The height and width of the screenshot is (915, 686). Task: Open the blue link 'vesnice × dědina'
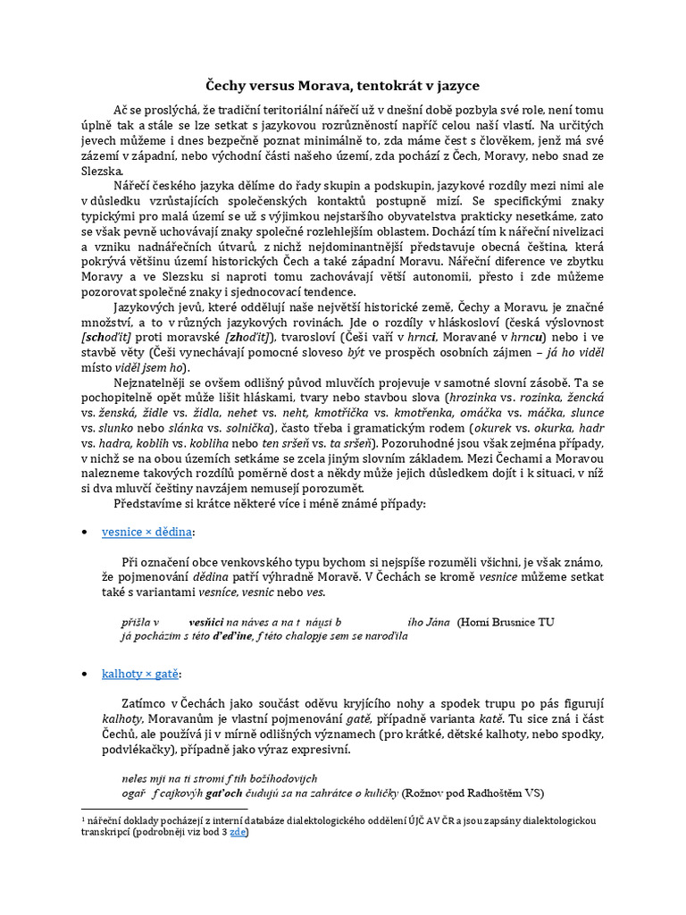(x=146, y=532)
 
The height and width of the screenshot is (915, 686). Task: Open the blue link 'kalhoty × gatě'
(x=140, y=674)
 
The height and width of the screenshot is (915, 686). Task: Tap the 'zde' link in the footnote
(x=238, y=832)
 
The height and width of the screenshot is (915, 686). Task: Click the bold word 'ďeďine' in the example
(x=233, y=636)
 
